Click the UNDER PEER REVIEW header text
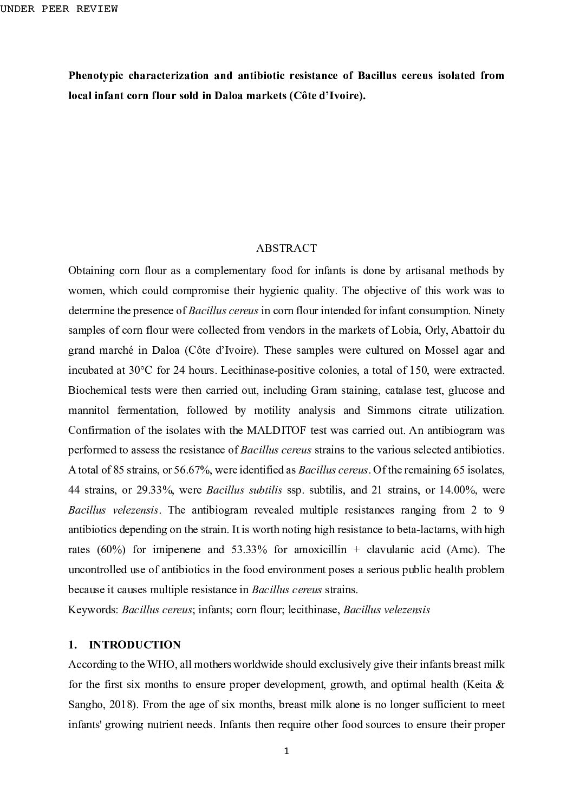point(58,9)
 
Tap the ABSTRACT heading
point(286,248)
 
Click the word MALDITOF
point(277,430)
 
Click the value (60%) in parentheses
point(112,549)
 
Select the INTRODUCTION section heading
point(134,645)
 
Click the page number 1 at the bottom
point(286,751)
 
